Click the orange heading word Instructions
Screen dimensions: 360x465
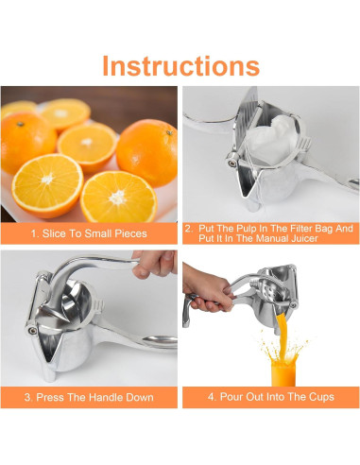(181, 66)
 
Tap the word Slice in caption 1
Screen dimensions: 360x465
(54, 233)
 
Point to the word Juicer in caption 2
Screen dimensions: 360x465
(304, 238)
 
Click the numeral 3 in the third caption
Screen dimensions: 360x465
(27, 397)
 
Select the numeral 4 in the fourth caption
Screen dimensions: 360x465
(211, 397)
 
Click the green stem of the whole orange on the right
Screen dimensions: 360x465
(169, 132)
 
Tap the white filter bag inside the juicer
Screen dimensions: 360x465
(271, 139)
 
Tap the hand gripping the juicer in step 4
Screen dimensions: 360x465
(208, 288)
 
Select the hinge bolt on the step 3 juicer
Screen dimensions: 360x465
(32, 330)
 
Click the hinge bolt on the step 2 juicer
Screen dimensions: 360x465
(231, 163)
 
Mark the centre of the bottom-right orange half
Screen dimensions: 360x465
(118, 198)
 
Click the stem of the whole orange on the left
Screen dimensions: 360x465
(21, 124)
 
